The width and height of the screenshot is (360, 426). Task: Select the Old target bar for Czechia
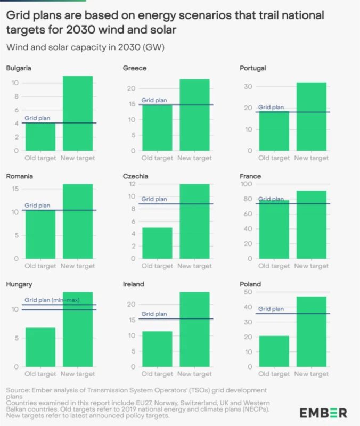157,243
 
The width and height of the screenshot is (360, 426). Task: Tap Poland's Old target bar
274,351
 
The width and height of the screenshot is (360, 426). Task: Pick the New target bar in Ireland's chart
194,330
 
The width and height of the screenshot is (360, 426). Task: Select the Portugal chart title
253,68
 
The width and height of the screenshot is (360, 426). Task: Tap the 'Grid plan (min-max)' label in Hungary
52,300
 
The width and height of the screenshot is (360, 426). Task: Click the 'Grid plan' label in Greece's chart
154,100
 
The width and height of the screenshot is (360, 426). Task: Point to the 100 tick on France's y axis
246,184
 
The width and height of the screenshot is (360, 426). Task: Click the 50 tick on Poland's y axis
248,292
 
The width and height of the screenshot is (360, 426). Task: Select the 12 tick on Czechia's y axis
131,184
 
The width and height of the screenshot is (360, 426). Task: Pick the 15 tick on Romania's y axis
14,189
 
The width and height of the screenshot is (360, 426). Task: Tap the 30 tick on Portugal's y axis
248,86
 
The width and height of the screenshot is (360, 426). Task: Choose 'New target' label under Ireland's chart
194,375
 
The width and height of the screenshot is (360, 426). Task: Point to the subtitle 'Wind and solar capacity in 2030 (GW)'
85,47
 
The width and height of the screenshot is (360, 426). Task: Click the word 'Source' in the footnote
18,390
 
